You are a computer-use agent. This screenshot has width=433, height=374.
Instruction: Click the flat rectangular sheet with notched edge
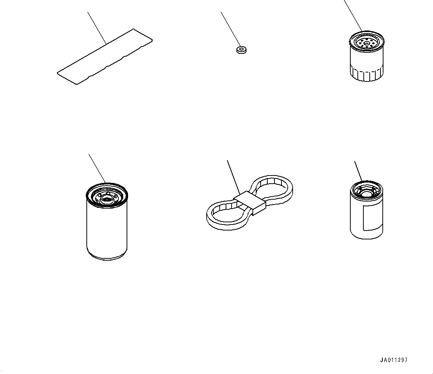105,57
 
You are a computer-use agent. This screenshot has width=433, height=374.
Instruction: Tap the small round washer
241,50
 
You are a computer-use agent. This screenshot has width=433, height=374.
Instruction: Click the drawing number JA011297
394,360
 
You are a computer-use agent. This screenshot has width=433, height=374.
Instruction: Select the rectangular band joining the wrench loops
250,203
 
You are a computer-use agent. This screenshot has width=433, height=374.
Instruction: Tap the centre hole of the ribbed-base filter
366,43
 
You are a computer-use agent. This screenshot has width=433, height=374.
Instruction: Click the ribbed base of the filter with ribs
366,74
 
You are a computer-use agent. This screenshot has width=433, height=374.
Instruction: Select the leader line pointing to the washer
230,29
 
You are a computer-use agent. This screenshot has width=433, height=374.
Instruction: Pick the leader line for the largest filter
97,168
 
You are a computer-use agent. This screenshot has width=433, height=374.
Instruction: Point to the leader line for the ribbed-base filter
353,16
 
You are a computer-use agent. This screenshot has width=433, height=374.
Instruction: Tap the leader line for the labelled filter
358,171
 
